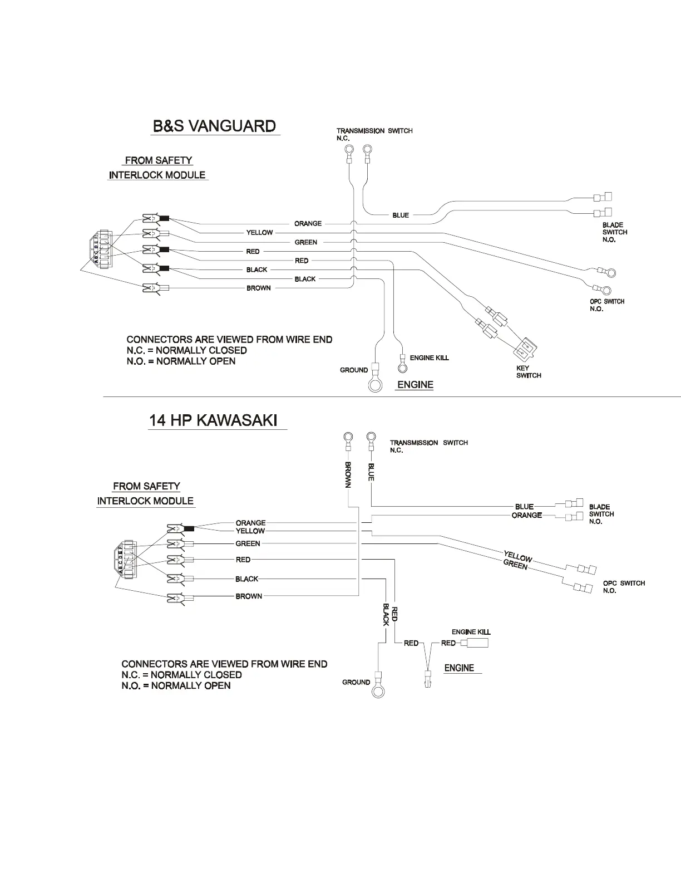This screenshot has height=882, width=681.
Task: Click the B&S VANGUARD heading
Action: [214, 126]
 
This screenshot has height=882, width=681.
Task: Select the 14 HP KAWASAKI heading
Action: [213, 420]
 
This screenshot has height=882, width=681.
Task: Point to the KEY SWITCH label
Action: [529, 371]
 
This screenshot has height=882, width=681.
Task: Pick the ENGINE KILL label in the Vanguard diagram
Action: [429, 357]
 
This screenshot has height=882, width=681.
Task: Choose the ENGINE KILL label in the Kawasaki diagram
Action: [471, 632]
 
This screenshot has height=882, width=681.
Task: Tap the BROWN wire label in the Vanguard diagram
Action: [259, 288]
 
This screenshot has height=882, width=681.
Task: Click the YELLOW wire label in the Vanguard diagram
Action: [259, 232]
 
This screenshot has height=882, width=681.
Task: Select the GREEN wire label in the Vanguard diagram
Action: [305, 242]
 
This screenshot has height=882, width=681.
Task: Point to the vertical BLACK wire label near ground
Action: [386, 613]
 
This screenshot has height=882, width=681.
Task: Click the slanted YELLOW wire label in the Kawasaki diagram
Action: [518, 556]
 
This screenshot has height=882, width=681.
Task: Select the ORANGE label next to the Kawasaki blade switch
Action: [526, 515]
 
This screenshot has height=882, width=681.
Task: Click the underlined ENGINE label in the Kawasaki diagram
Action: [459, 668]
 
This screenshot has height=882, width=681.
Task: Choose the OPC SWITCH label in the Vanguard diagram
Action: [607, 305]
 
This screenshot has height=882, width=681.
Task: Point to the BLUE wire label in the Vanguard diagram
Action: [401, 215]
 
